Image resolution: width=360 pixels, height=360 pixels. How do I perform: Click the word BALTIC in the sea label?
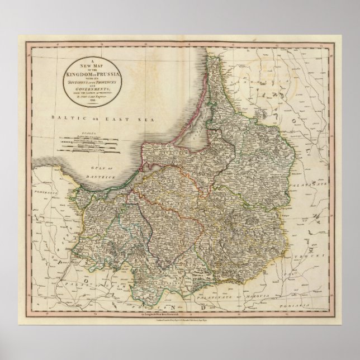(60, 119)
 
